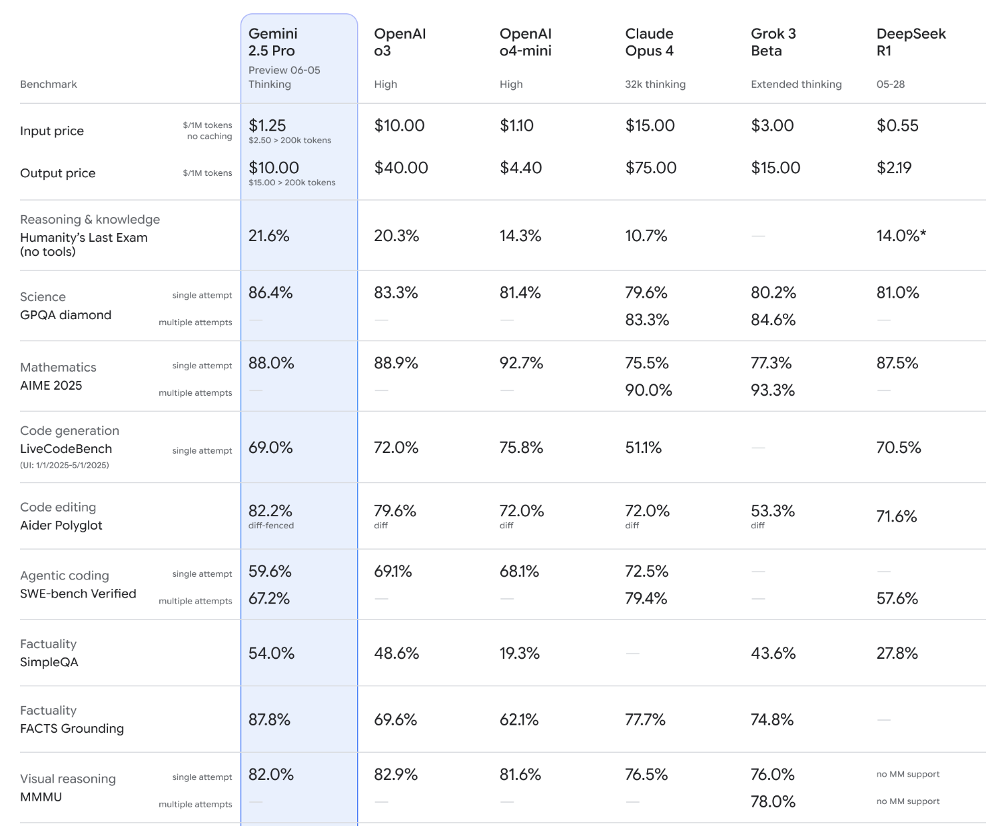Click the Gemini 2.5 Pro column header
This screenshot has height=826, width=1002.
tap(272, 42)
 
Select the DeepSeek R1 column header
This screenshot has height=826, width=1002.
tap(911, 42)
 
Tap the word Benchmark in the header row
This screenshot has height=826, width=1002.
tap(49, 85)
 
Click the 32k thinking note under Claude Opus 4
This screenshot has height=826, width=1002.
tap(655, 85)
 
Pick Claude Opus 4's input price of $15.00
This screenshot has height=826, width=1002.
tap(650, 126)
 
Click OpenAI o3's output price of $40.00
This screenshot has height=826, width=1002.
tap(401, 168)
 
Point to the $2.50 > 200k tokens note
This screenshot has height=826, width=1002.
tap(290, 141)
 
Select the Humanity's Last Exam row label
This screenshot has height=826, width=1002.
tap(84, 244)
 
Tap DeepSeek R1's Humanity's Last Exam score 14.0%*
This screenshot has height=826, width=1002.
tap(901, 236)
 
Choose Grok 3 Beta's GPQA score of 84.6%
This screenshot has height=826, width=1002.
tap(773, 320)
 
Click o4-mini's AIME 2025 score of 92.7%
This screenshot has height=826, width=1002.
tap(521, 364)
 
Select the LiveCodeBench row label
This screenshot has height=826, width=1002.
tap(66, 449)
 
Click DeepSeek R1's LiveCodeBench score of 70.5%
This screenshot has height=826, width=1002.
tap(898, 448)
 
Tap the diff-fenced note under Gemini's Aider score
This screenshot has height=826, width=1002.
tap(271, 526)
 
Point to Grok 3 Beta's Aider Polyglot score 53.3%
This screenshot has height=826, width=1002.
tap(773, 512)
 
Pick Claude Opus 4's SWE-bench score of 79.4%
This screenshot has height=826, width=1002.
tap(646, 599)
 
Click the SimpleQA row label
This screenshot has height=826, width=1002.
tap(49, 662)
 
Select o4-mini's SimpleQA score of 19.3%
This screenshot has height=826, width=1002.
tap(519, 653)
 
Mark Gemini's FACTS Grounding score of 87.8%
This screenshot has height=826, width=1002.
tap(269, 720)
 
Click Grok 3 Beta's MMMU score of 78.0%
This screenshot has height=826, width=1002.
tap(773, 802)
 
